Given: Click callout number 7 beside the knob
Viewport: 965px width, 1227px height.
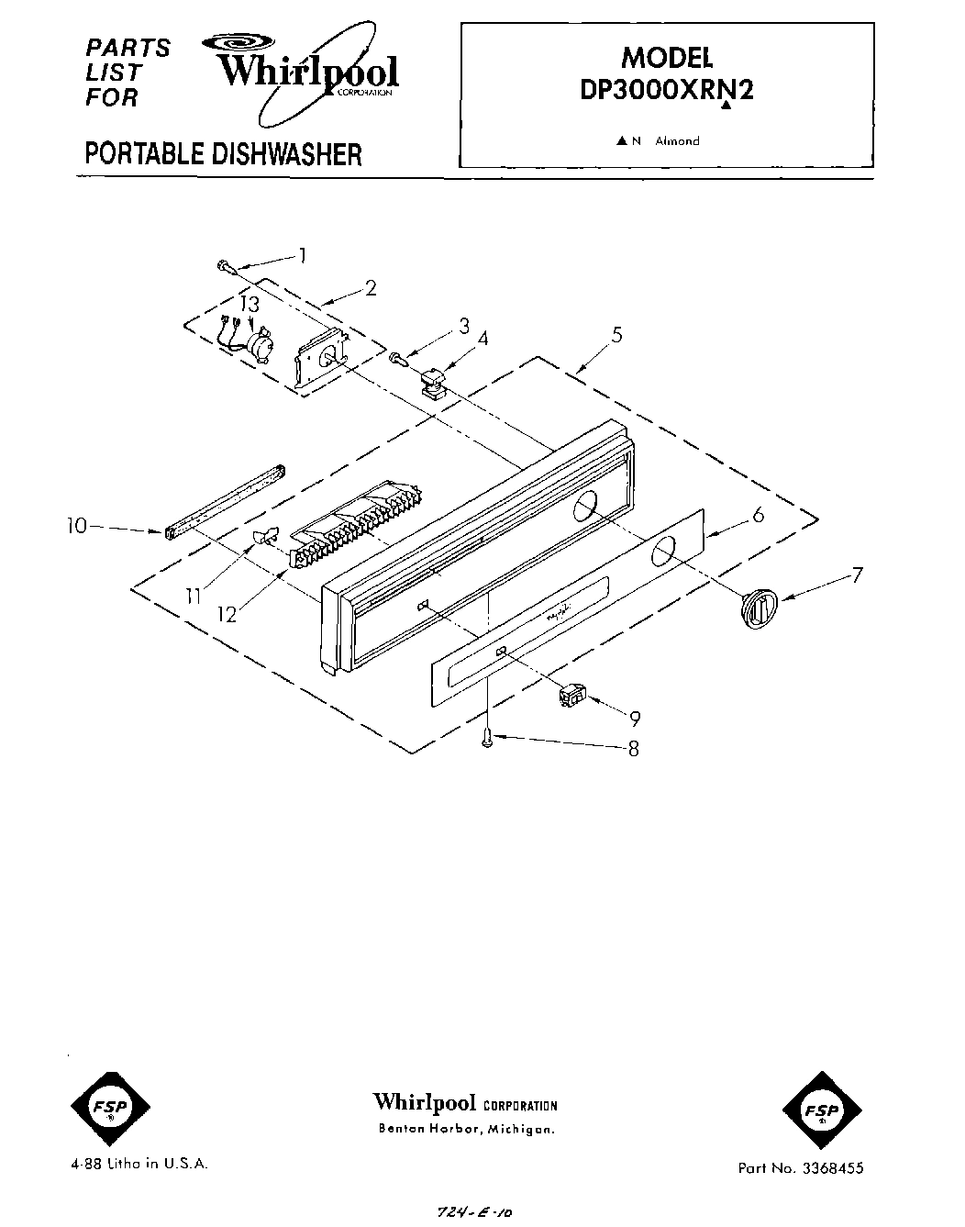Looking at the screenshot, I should pos(857,576).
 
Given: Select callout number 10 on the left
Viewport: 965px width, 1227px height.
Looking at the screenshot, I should pos(77,526).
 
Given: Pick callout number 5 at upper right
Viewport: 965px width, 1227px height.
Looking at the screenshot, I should pos(617,334).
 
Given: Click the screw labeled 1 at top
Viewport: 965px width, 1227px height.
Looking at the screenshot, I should pos(225,266).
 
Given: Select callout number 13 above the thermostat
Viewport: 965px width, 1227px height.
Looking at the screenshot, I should pos(250,304).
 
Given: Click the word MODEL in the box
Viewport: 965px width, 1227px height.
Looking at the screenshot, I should pos(667,57).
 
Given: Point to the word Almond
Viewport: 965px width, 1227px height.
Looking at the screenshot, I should pos(677,141).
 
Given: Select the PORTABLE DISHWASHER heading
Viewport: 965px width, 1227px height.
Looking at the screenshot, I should pos(223,153).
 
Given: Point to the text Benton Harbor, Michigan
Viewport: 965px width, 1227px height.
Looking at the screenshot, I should pos(466,1128).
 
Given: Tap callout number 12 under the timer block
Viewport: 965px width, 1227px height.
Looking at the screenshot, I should pos(226,614).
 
